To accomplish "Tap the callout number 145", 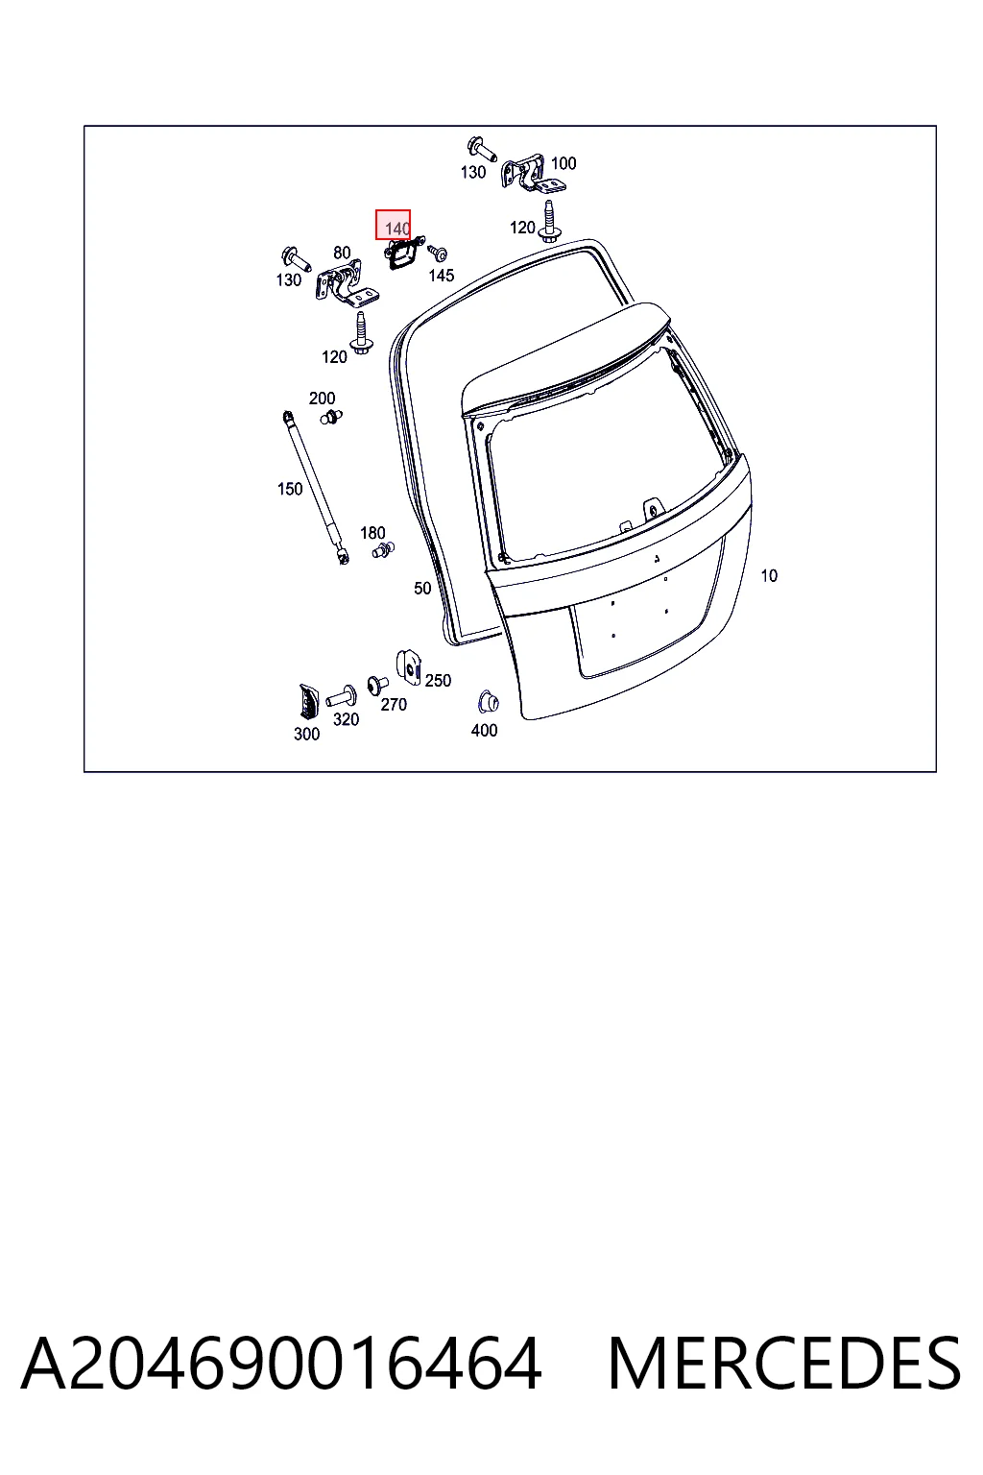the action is click(442, 276).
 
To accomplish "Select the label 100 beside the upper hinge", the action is click(563, 163).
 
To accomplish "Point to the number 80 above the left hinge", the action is click(342, 253).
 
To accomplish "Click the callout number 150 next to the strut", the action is click(290, 489).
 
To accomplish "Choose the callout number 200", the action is click(322, 399).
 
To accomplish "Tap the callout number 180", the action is click(372, 533).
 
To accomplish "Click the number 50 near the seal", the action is click(422, 588).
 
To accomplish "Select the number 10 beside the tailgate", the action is click(769, 576).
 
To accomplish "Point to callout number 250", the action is click(438, 681).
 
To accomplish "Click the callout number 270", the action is click(394, 705).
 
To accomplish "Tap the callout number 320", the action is click(346, 719).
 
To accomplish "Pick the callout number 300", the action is click(306, 735).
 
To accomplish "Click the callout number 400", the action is click(484, 730).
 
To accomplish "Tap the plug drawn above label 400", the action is click(488, 702).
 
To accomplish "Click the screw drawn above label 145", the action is click(437, 253).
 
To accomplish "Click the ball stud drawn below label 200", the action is click(331, 416).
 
